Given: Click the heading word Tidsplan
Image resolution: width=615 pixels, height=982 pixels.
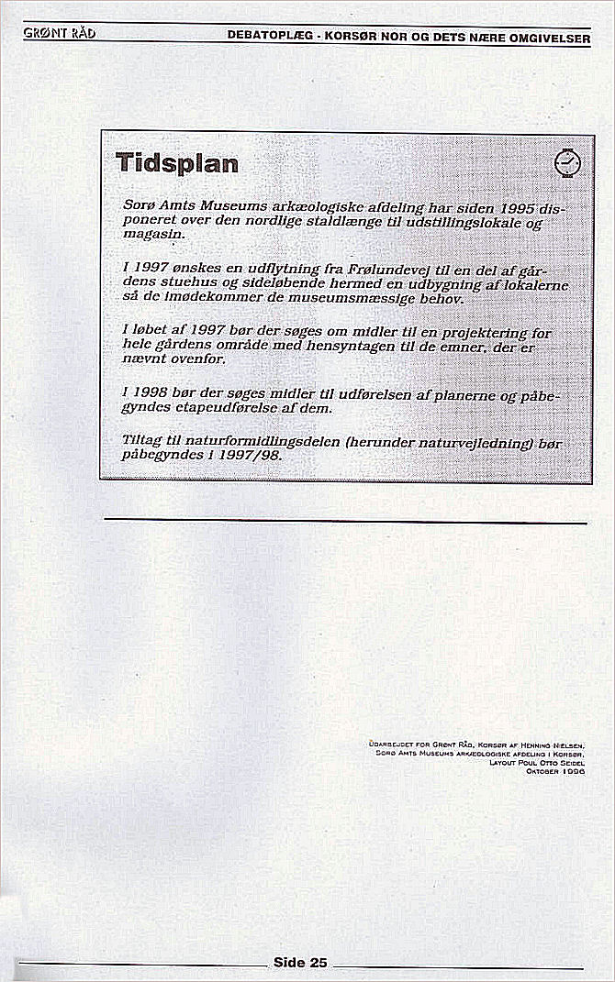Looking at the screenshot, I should [177, 164].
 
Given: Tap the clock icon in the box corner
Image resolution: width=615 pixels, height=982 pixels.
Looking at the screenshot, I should [568, 162].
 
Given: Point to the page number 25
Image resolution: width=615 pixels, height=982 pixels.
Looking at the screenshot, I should [318, 962].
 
